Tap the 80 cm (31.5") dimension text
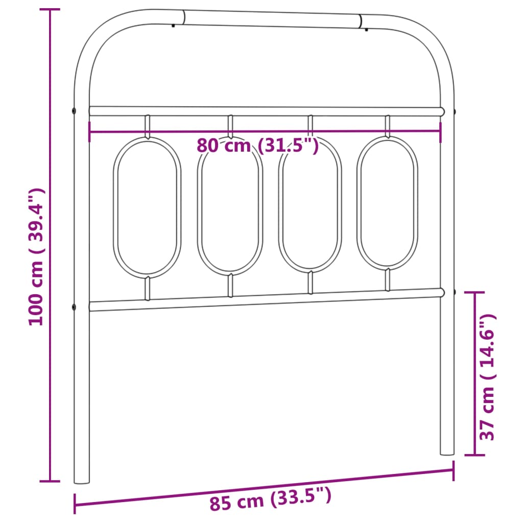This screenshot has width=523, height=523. click(x=258, y=146)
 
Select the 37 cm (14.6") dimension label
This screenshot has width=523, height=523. click(x=487, y=377)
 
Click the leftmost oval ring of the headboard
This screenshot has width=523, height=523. click(x=147, y=208)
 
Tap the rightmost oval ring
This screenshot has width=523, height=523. click(x=387, y=202)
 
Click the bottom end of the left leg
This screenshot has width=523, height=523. click(x=82, y=480)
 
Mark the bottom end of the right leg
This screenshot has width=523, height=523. click(x=447, y=451)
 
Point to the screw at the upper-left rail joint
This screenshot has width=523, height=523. click(x=75, y=110)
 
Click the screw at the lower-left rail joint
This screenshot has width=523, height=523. click(x=75, y=307)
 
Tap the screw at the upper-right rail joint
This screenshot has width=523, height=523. click(x=454, y=110)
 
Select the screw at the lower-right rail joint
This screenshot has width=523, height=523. click(x=454, y=292)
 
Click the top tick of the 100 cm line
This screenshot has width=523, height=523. click(x=50, y=10)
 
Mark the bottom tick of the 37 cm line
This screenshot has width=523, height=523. click(x=475, y=454)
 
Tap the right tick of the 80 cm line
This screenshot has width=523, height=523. click(x=440, y=131)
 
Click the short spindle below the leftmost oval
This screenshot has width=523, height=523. click(x=148, y=289)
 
